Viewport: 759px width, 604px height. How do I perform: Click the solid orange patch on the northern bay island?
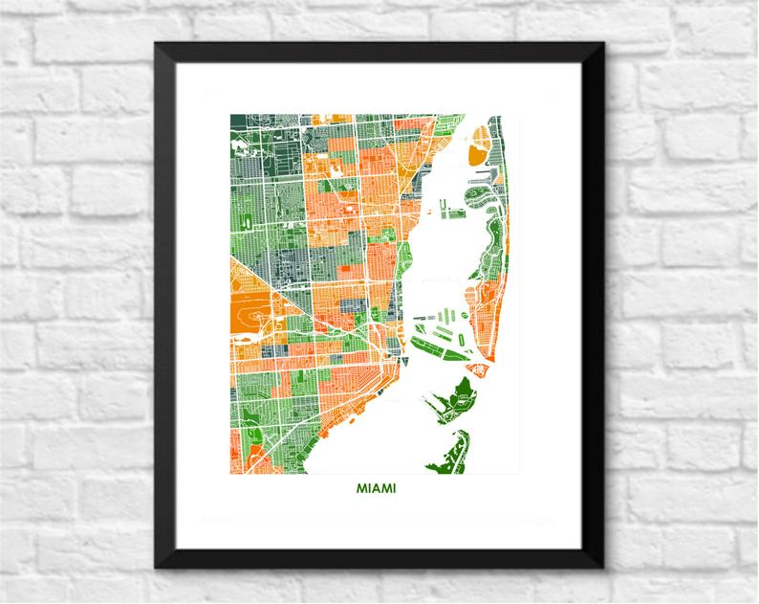(476, 150)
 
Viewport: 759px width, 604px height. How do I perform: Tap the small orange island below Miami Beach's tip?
(473, 367)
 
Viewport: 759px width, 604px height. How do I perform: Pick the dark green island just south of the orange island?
(459, 392)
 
